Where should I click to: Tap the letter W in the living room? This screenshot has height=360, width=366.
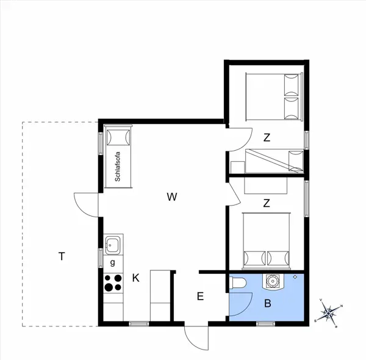point(172,196)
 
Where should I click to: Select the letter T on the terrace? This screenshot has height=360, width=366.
point(62,256)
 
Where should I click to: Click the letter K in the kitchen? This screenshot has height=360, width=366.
point(136,278)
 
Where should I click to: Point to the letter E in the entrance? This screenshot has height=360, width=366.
point(199,297)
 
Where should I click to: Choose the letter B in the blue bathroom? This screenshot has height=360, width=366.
point(267,303)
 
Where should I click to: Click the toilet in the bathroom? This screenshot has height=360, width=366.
point(238,282)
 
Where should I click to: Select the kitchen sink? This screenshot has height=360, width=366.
point(112,245)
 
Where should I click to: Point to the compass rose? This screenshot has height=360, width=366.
point(329,313)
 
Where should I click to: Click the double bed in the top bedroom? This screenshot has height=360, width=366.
point(274,96)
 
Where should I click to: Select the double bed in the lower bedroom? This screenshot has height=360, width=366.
point(267,240)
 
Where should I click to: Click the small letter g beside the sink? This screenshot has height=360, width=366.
point(112,263)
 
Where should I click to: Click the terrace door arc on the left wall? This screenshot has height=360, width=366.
point(85,203)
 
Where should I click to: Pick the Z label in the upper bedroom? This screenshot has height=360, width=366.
point(267,138)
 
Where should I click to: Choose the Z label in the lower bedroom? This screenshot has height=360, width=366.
point(267,203)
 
